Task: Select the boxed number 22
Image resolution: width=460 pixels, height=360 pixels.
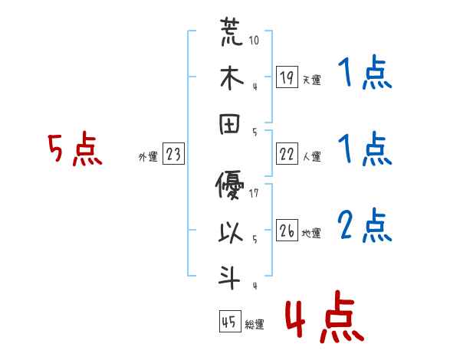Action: [287, 155]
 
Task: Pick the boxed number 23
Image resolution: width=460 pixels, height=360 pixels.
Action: [173, 155]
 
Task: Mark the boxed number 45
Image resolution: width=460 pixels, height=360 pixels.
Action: [228, 322]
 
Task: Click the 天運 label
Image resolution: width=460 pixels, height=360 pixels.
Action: [312, 80]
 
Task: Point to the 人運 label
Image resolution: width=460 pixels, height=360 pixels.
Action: [312, 157]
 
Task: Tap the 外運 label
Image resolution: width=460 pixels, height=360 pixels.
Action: [147, 157]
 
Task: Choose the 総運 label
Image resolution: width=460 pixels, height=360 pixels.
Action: [254, 325]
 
